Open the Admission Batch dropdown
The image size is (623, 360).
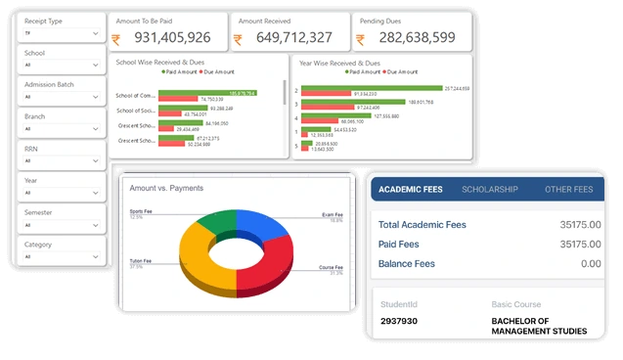(x=60, y=97)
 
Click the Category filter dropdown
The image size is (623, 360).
(x=60, y=256)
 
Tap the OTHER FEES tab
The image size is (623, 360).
(x=569, y=189)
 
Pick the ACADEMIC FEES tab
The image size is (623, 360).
(x=411, y=189)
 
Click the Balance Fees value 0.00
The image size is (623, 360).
(x=591, y=263)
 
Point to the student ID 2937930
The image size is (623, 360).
(x=400, y=320)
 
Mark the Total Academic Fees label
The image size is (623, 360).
(x=423, y=225)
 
